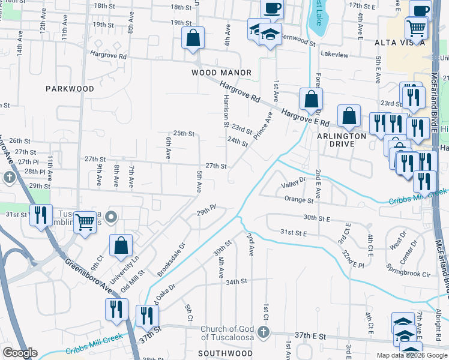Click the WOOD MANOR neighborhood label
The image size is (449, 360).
click(x=221, y=73)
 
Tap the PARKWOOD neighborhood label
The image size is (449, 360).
click(x=70, y=89)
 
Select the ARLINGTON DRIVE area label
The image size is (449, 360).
click(x=342, y=140)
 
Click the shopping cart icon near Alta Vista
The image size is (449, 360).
click(x=416, y=27)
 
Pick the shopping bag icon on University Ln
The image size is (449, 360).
click(x=121, y=244)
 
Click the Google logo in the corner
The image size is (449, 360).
click(x=20, y=353)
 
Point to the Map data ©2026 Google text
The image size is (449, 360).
click(x=412, y=355)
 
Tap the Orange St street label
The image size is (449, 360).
click(x=300, y=200)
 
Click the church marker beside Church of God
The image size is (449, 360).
click(x=262, y=332)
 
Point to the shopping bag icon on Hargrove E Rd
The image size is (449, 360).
click(x=311, y=99)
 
